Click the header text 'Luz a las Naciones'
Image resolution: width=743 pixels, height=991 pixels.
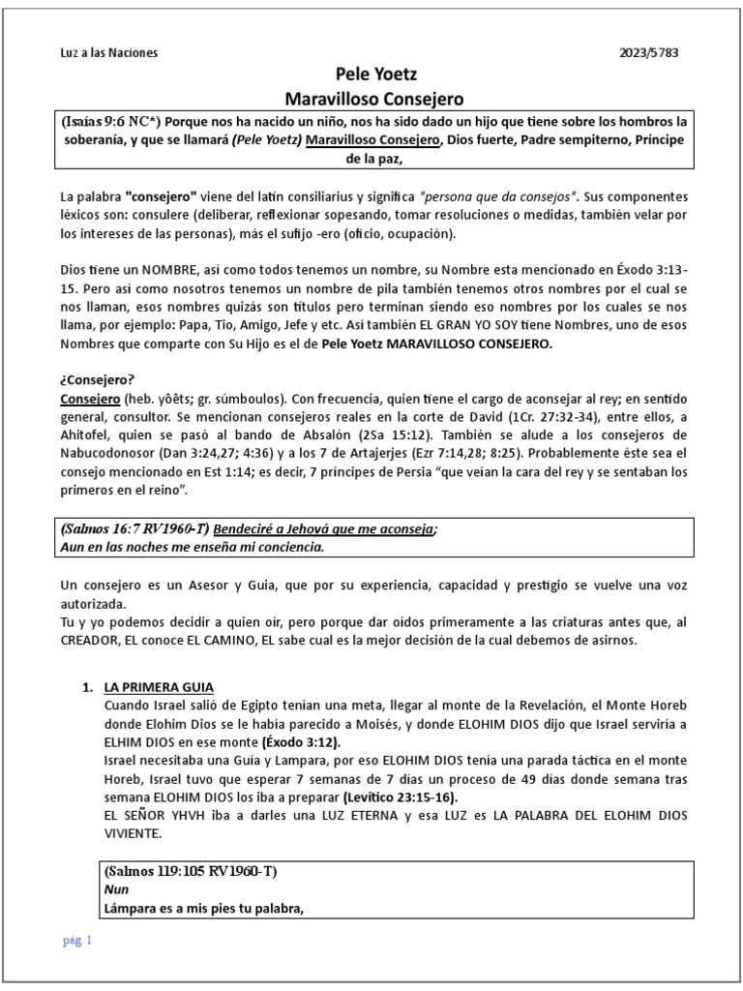point(109,52)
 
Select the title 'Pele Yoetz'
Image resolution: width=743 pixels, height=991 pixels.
point(373,75)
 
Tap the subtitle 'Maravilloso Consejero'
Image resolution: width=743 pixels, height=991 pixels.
point(373,98)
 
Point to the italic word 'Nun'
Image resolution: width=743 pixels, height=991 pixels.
point(115,890)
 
